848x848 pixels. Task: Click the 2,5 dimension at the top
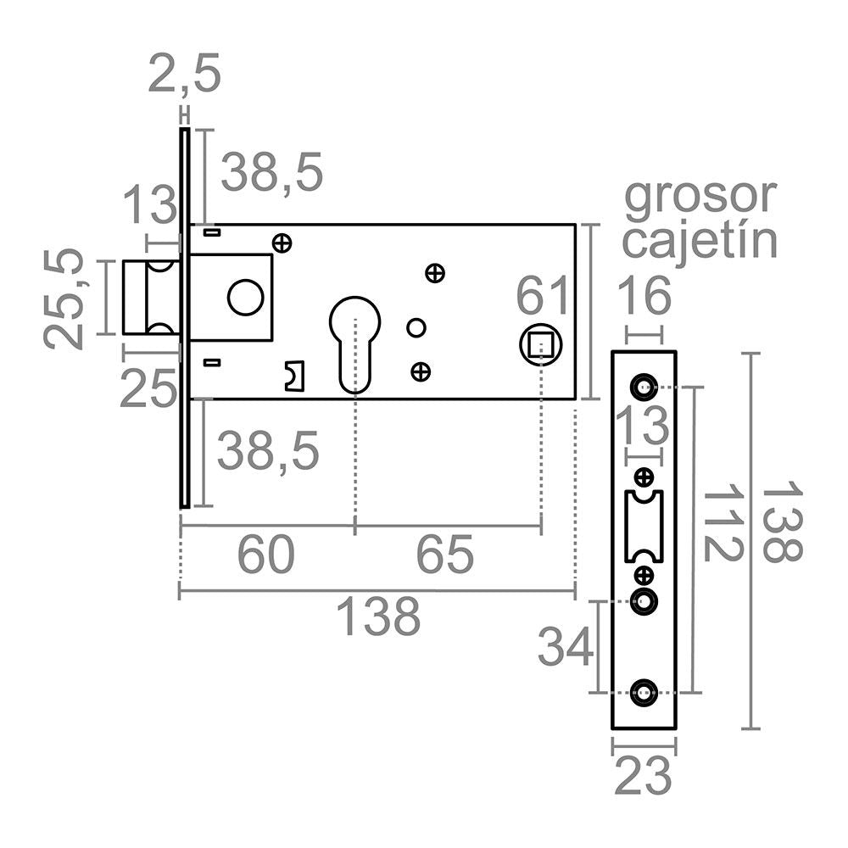184,74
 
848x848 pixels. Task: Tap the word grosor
700,198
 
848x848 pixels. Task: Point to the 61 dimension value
543,295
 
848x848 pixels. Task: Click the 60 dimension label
266,555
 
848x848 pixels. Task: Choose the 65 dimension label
444,555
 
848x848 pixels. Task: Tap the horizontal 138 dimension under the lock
378,616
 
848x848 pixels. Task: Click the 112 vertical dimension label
723,522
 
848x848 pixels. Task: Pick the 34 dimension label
564,645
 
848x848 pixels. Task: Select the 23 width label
643,776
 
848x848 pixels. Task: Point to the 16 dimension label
644,295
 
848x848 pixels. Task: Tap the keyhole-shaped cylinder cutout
354,344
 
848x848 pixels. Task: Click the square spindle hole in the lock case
541,344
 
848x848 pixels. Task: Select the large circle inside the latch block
246,297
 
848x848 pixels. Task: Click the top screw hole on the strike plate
644,387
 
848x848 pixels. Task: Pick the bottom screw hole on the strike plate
644,692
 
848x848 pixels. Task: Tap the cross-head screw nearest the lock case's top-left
282,243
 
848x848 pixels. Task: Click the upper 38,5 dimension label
272,172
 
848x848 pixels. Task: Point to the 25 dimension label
148,388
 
